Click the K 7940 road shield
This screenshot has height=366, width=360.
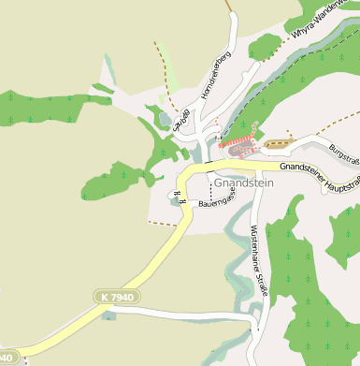(115, 297)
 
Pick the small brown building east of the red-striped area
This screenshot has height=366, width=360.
(278, 144)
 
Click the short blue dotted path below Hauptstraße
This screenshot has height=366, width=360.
(210, 186)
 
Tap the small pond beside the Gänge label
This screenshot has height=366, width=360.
(166, 119)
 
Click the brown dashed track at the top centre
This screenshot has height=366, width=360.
(229, 5)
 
